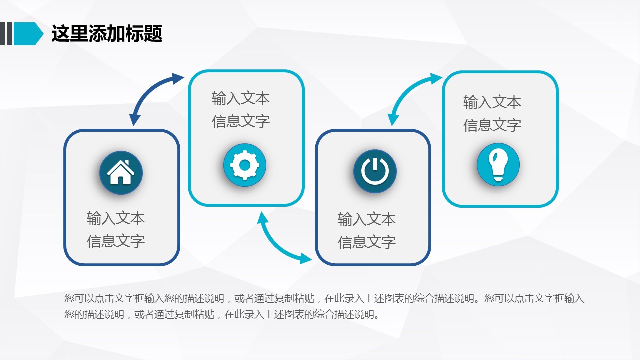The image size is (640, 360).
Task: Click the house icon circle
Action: (121, 173)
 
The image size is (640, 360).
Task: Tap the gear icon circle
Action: (245, 165)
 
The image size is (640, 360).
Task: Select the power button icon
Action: (375, 171)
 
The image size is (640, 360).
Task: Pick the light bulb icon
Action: (498, 165)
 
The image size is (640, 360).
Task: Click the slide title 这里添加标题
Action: (107, 33)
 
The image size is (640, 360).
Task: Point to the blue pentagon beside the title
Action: (28, 33)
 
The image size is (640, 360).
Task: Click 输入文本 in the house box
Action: (116, 219)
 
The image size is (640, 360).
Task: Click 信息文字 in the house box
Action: (116, 241)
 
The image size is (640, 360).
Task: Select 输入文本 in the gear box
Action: (241, 98)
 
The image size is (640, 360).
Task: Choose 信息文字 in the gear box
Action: (241, 121)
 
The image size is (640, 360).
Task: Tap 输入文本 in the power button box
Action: (367, 219)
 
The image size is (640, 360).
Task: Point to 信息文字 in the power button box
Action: (367, 242)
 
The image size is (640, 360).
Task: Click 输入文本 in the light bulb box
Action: (492, 102)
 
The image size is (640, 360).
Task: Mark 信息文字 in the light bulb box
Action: (492, 125)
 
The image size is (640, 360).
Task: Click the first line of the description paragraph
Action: (324, 298)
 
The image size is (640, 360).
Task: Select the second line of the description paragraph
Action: (222, 314)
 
